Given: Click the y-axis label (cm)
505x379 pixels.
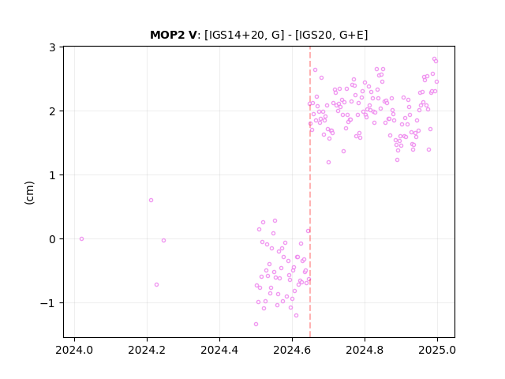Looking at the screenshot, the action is (x=29, y=193).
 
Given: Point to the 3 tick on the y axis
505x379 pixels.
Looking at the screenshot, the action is (x=52, y=47).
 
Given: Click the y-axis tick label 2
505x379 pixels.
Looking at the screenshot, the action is (x=52, y=111).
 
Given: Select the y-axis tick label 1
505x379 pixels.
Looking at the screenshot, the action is (x=52, y=175).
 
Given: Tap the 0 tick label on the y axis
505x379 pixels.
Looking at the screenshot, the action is (x=52, y=239).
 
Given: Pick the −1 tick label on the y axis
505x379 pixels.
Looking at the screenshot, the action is (x=48, y=303).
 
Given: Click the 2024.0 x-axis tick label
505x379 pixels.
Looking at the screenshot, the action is (x=74, y=350).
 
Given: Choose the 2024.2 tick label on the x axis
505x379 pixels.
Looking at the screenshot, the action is (x=147, y=350).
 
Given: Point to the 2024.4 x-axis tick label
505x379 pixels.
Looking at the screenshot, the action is (x=219, y=350).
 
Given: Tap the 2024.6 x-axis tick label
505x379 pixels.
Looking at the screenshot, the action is (x=292, y=350).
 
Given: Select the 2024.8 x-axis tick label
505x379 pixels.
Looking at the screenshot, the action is (x=365, y=350).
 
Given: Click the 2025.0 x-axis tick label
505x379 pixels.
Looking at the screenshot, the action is (x=437, y=350).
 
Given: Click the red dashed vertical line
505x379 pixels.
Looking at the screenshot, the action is (x=310, y=192).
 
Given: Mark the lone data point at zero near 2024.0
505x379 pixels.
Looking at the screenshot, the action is (x=81, y=238).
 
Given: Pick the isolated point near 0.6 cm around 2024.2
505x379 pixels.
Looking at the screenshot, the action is (x=151, y=200).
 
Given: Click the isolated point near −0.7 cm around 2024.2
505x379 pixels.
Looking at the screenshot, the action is (x=156, y=284).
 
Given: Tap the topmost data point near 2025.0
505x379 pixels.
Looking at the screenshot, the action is (x=434, y=59).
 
